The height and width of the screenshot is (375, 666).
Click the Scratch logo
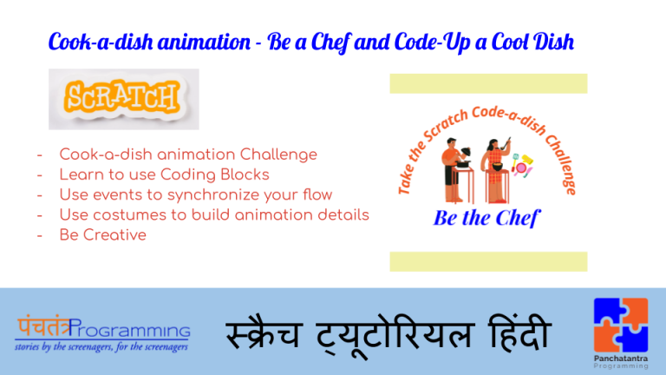pos(124,99)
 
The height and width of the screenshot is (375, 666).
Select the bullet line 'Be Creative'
pos(102,234)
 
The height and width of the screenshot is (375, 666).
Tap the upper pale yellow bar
pos(488,83)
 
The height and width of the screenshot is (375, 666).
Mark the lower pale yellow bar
pos(488,261)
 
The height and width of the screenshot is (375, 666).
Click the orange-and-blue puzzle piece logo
pos(620,324)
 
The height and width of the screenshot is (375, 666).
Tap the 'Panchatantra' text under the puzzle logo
pos(620,357)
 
